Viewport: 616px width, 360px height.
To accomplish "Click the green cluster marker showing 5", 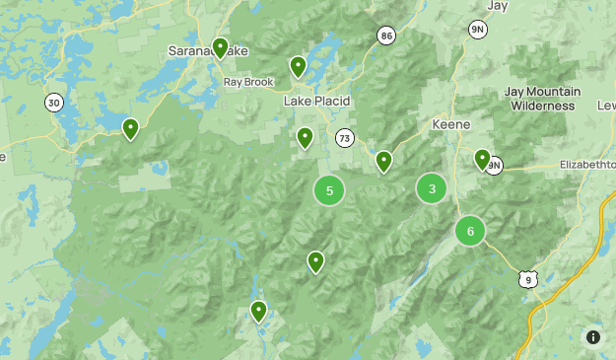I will (x=329, y=190).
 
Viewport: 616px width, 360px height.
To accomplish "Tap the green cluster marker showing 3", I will (x=432, y=188).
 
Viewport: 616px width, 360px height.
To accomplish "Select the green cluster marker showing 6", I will (x=470, y=231).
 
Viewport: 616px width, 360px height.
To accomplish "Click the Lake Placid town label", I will (x=317, y=102).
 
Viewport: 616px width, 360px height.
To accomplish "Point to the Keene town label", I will (x=451, y=125).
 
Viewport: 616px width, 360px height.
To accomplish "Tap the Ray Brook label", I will (x=246, y=82).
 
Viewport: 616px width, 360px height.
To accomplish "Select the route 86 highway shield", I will (x=385, y=36).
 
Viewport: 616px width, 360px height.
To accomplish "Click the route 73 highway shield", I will (x=344, y=138).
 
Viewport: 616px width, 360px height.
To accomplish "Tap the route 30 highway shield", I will (x=53, y=103).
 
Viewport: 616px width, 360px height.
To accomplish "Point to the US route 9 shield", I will (x=528, y=280).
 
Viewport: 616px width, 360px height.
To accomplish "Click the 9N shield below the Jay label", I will (x=478, y=30).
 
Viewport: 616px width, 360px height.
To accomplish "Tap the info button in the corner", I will (x=593, y=337).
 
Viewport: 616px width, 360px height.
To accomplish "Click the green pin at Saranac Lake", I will (x=220, y=47).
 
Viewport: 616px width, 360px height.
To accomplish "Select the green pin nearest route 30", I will (x=130, y=128).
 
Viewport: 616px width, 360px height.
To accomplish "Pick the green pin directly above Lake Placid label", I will (x=298, y=66).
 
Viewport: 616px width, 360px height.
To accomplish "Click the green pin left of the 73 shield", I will (x=306, y=137).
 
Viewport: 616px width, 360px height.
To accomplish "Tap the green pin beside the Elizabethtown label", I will (x=482, y=159).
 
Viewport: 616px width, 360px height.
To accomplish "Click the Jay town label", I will (x=497, y=5).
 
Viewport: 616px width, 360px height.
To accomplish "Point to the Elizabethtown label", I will (x=587, y=165).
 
